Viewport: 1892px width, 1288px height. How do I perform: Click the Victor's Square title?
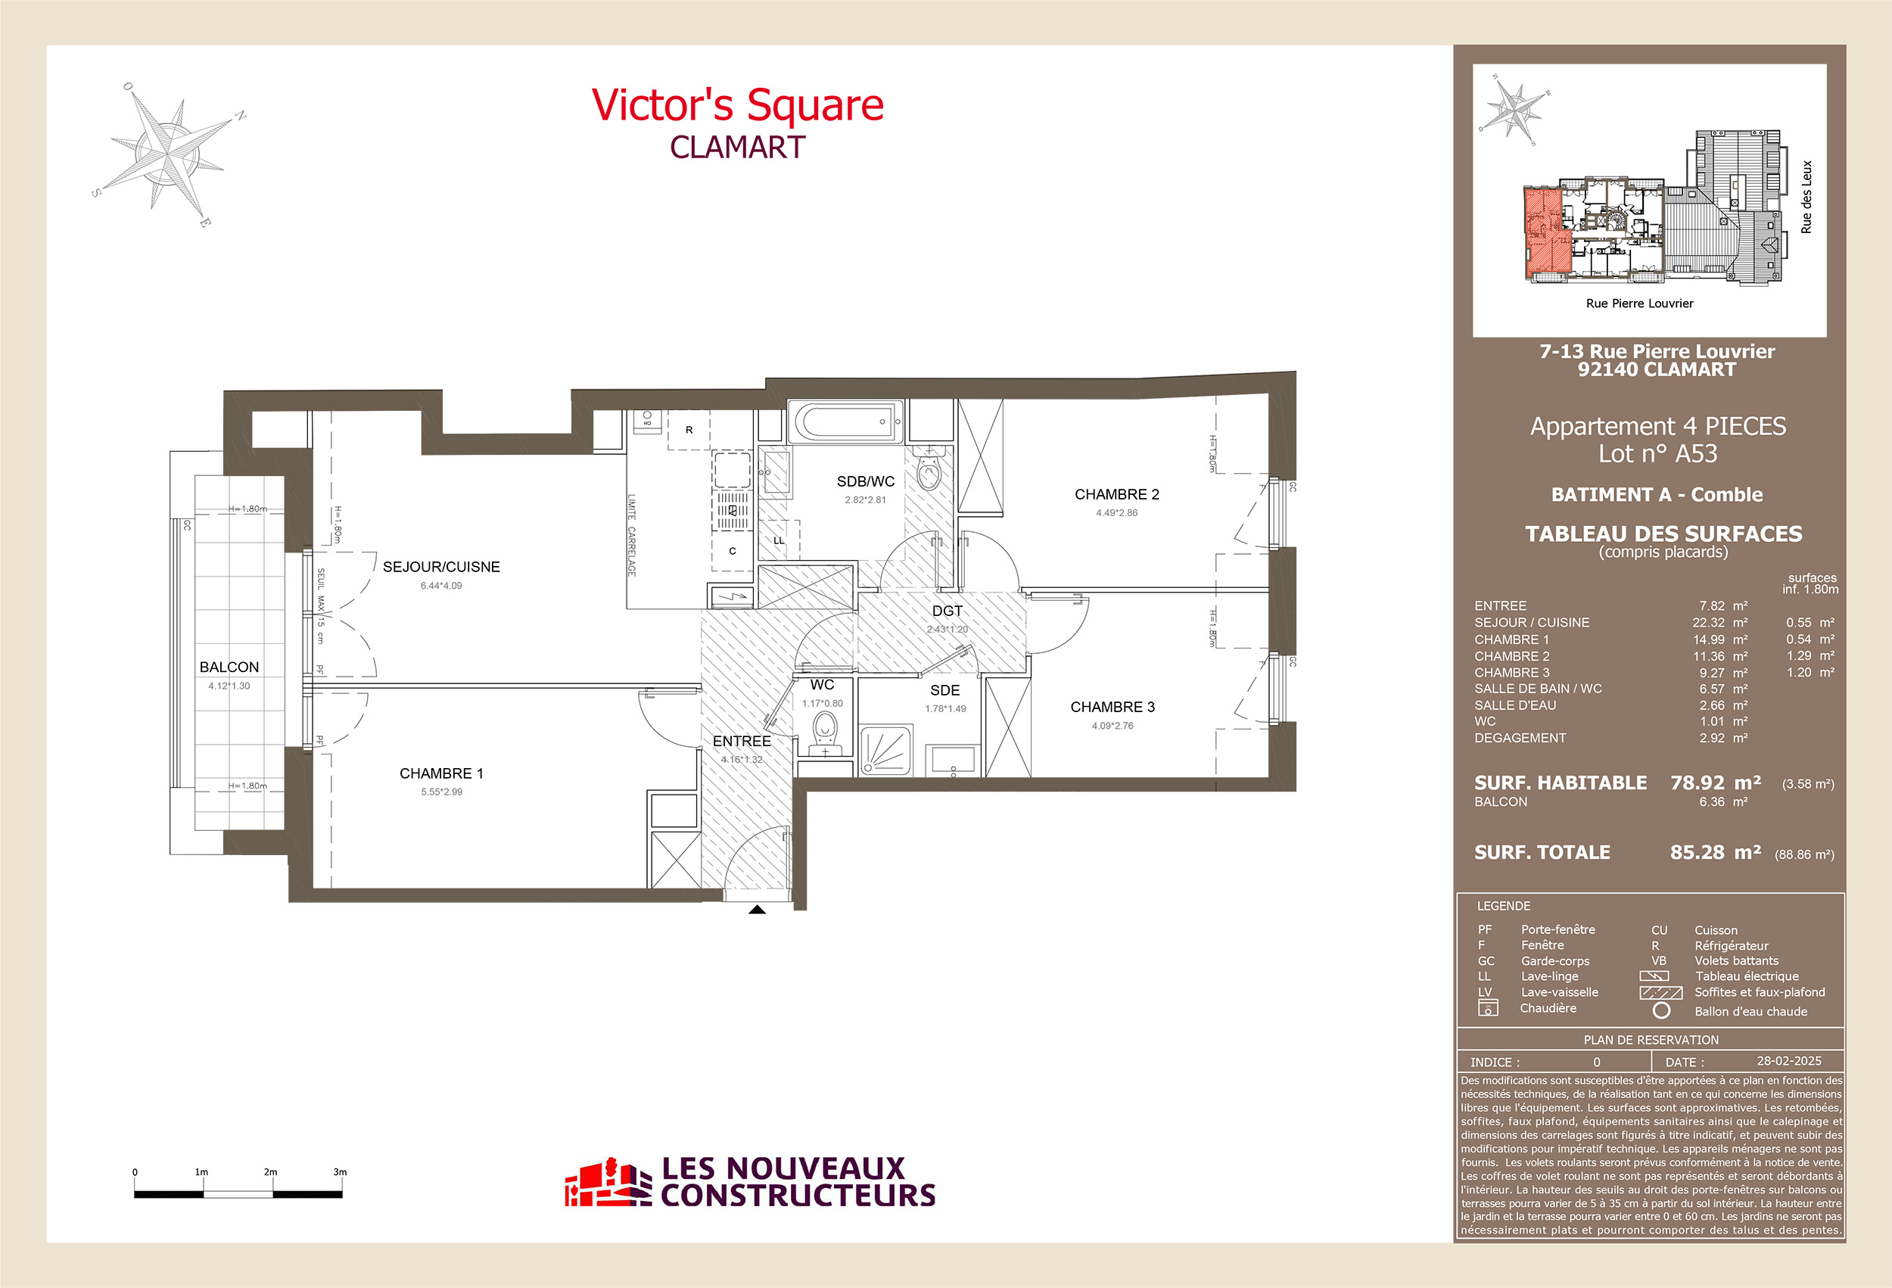(x=737, y=106)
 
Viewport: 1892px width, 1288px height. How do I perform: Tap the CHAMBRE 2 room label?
(x=1116, y=494)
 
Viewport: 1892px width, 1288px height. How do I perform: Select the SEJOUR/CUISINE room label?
(x=441, y=567)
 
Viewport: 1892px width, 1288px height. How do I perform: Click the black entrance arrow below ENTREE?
(x=757, y=910)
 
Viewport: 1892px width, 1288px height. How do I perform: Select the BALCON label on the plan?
(x=229, y=667)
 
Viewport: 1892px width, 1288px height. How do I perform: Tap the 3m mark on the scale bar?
(x=340, y=1172)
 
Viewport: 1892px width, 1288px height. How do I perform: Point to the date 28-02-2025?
(x=1788, y=1061)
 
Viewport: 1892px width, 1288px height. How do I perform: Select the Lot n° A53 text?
(x=1657, y=453)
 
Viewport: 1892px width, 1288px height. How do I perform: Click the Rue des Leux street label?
(x=1806, y=197)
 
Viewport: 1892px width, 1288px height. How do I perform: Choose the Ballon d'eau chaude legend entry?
(x=1750, y=1011)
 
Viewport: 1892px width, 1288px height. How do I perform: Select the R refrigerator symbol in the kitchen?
(x=689, y=430)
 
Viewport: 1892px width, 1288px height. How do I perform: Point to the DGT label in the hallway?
(x=947, y=611)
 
